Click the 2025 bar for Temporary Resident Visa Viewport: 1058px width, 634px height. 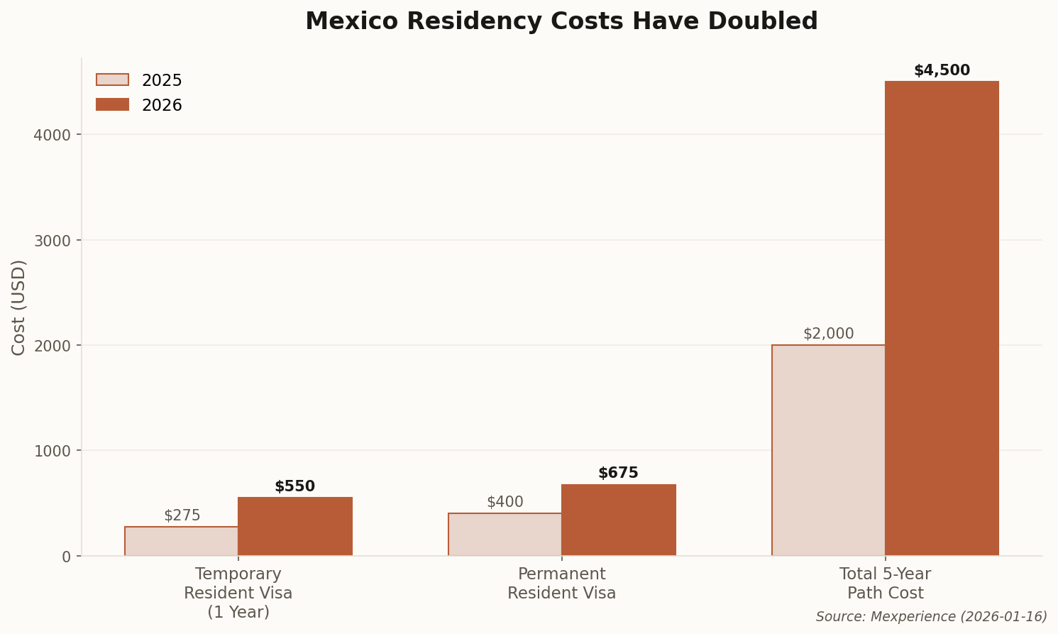tap(182, 541)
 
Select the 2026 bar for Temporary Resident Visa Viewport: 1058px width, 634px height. tap(295, 526)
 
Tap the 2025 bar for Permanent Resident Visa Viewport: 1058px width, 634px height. tap(505, 534)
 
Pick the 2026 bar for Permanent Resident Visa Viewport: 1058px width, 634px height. tap(619, 520)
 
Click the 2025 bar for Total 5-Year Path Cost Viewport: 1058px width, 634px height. tap(828, 450)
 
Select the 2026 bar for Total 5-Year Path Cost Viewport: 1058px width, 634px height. tap(942, 318)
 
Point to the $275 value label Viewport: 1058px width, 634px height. tap(182, 515)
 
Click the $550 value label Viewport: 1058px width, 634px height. tap(294, 487)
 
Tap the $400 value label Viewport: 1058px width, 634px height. tap(505, 502)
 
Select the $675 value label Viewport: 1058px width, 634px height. tap(618, 474)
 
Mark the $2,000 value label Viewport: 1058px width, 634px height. tap(828, 334)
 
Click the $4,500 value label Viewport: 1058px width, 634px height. tap(942, 71)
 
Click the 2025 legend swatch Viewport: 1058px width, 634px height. tap(113, 80)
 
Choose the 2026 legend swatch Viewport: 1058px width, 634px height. tap(113, 105)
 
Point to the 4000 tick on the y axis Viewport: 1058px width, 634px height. tap(53, 135)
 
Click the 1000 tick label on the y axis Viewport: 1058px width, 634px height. tap(53, 451)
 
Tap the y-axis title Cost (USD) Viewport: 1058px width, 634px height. tap(19, 307)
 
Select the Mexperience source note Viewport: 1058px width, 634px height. tap(931, 617)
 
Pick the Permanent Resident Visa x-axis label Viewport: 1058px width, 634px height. tap(561, 584)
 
